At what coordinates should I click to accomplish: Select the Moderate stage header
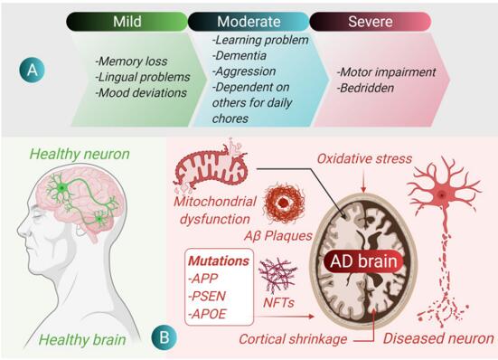tap(247, 20)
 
